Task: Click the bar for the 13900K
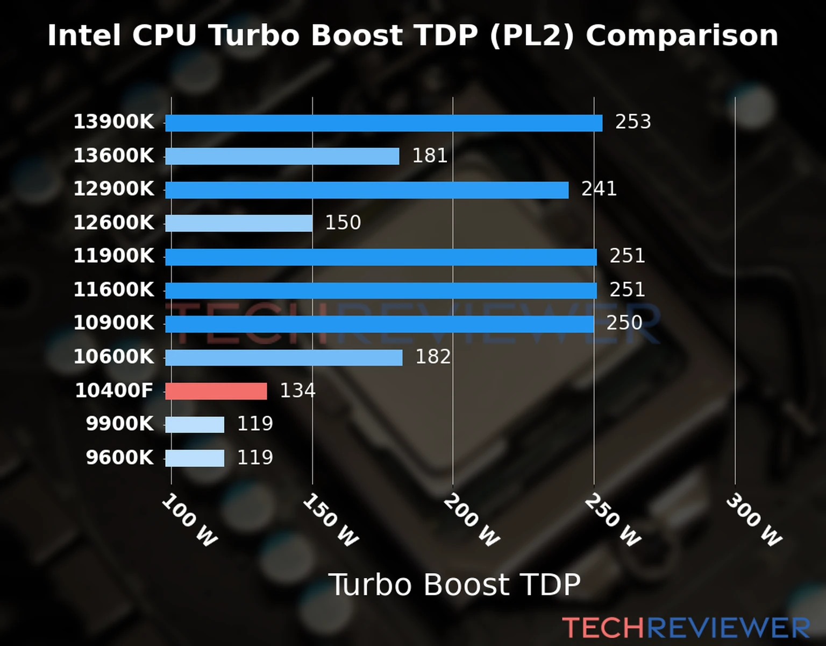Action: pos(383,123)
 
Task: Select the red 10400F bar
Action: pos(216,391)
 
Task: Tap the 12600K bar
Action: pos(239,223)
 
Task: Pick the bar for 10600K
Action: pos(283,357)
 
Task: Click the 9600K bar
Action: pos(195,458)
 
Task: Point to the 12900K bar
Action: pos(367,190)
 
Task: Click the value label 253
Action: pos(633,122)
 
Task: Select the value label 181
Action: pos(430,156)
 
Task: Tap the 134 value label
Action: pos(297,391)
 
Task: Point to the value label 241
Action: pos(599,189)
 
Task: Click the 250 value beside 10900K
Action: pos(624,323)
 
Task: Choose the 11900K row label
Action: pos(113,256)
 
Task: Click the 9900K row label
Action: pos(120,424)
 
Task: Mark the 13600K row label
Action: pos(113,156)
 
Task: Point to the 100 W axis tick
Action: pos(189,521)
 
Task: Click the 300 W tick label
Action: pos(753,521)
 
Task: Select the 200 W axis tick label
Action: pos(471,521)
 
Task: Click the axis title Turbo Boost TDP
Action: pos(454,585)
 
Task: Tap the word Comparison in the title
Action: pos(681,36)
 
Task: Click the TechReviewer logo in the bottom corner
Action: pos(686,628)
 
